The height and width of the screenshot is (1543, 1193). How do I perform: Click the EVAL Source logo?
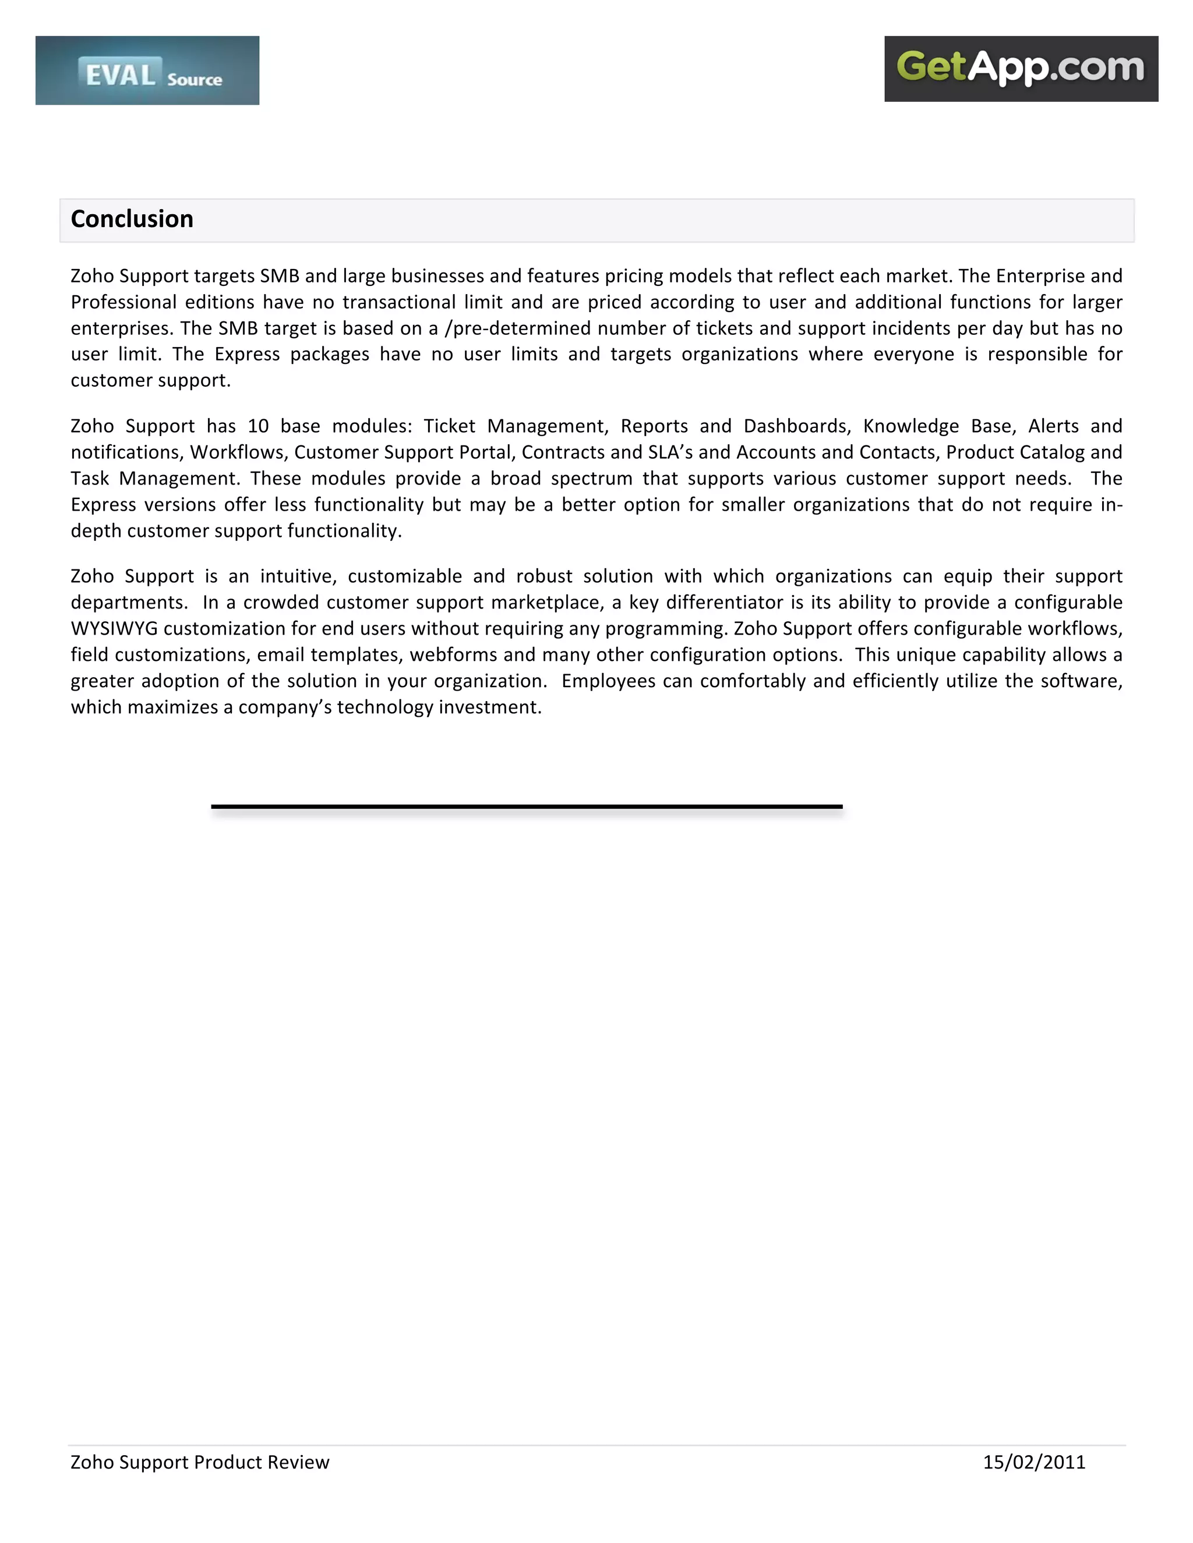[x=147, y=70]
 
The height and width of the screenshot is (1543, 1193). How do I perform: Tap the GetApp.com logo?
[x=1021, y=69]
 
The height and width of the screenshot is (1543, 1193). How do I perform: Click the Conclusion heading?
[x=132, y=219]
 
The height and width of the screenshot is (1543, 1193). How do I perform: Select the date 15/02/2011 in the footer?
[x=1033, y=1461]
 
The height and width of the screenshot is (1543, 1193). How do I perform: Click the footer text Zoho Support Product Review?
[x=200, y=1461]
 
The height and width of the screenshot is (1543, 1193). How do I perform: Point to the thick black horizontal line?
[x=527, y=806]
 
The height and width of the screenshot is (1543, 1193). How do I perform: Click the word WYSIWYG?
[x=115, y=628]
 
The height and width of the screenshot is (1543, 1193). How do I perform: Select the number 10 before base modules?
[x=259, y=426]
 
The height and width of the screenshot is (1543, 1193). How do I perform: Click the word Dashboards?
[x=796, y=426]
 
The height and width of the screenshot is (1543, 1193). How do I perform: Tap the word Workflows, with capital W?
[x=239, y=452]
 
